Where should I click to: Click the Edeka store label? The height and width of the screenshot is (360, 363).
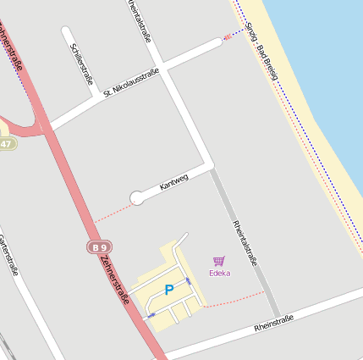pos(219,273)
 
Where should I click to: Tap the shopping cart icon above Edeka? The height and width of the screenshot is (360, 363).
pos(219,262)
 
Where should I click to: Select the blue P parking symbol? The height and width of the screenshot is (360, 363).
pos(169,290)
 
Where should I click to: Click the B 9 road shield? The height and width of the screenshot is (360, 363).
pos(97,247)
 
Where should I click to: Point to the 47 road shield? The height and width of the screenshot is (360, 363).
pos(7,144)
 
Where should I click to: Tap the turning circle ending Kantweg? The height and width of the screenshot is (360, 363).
pos(136,198)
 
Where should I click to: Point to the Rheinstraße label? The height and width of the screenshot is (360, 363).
pos(273,322)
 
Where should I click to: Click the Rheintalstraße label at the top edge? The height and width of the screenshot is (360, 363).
pos(140,19)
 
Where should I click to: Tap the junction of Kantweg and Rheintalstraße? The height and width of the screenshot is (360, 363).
pos(209,164)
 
